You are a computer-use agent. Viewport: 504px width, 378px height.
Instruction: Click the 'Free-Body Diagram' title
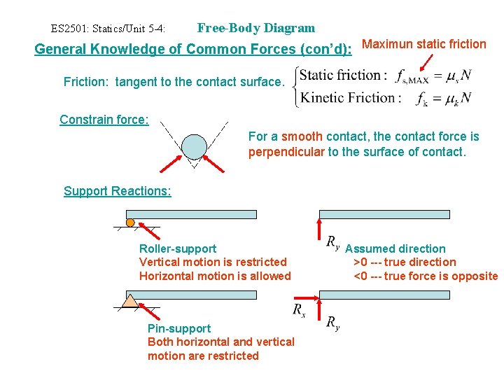point(256,28)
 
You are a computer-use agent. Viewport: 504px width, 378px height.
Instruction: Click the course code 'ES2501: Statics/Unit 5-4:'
point(108,29)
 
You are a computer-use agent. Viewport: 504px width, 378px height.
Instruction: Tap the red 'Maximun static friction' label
point(424,44)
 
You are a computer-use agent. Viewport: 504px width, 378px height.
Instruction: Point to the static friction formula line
point(385,75)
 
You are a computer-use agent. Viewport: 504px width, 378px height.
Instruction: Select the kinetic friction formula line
point(385,97)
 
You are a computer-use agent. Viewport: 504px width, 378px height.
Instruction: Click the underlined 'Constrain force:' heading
point(104,120)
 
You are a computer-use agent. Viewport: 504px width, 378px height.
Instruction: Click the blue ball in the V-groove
point(194,146)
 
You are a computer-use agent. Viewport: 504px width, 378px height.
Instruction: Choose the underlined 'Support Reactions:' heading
point(117,191)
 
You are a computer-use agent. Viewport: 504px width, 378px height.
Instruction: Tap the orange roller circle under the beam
point(130,223)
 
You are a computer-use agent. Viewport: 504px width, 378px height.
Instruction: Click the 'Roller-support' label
point(178,248)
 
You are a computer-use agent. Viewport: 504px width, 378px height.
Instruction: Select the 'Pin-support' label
point(179,328)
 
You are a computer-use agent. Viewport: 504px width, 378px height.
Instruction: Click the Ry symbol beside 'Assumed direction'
point(333,242)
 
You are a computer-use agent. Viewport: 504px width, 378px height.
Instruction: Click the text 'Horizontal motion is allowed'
point(215,276)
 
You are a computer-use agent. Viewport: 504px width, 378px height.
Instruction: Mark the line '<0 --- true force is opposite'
point(426,276)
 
